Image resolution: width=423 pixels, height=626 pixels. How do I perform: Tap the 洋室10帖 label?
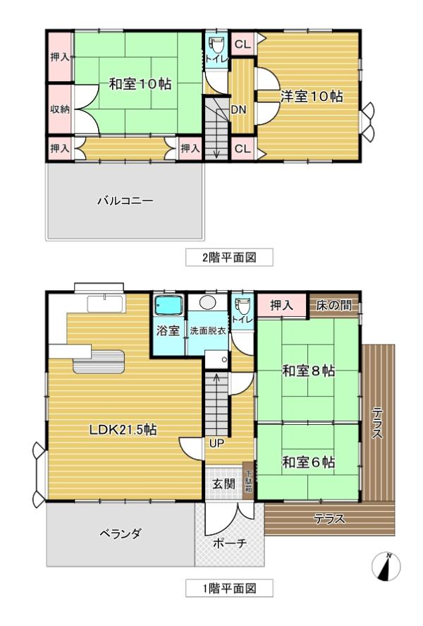312,97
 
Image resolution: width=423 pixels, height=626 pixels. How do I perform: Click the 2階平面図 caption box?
228,258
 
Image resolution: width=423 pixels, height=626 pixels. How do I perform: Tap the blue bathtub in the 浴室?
168,306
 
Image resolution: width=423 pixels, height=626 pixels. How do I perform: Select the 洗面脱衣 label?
207,331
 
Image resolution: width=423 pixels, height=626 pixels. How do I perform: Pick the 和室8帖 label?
308,371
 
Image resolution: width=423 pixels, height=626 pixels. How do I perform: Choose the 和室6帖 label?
308,462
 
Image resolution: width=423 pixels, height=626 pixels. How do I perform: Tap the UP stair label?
216,443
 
